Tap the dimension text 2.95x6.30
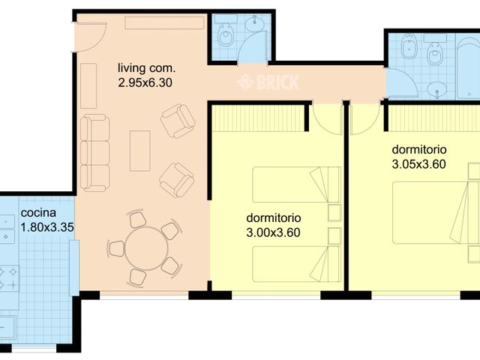[145, 83]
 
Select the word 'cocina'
[37, 212]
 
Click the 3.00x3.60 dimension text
[273, 232]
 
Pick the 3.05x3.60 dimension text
[419, 163]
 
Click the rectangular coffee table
[139, 151]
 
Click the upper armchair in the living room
[178, 121]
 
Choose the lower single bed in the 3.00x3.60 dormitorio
[289, 265]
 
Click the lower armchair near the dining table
[177, 178]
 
